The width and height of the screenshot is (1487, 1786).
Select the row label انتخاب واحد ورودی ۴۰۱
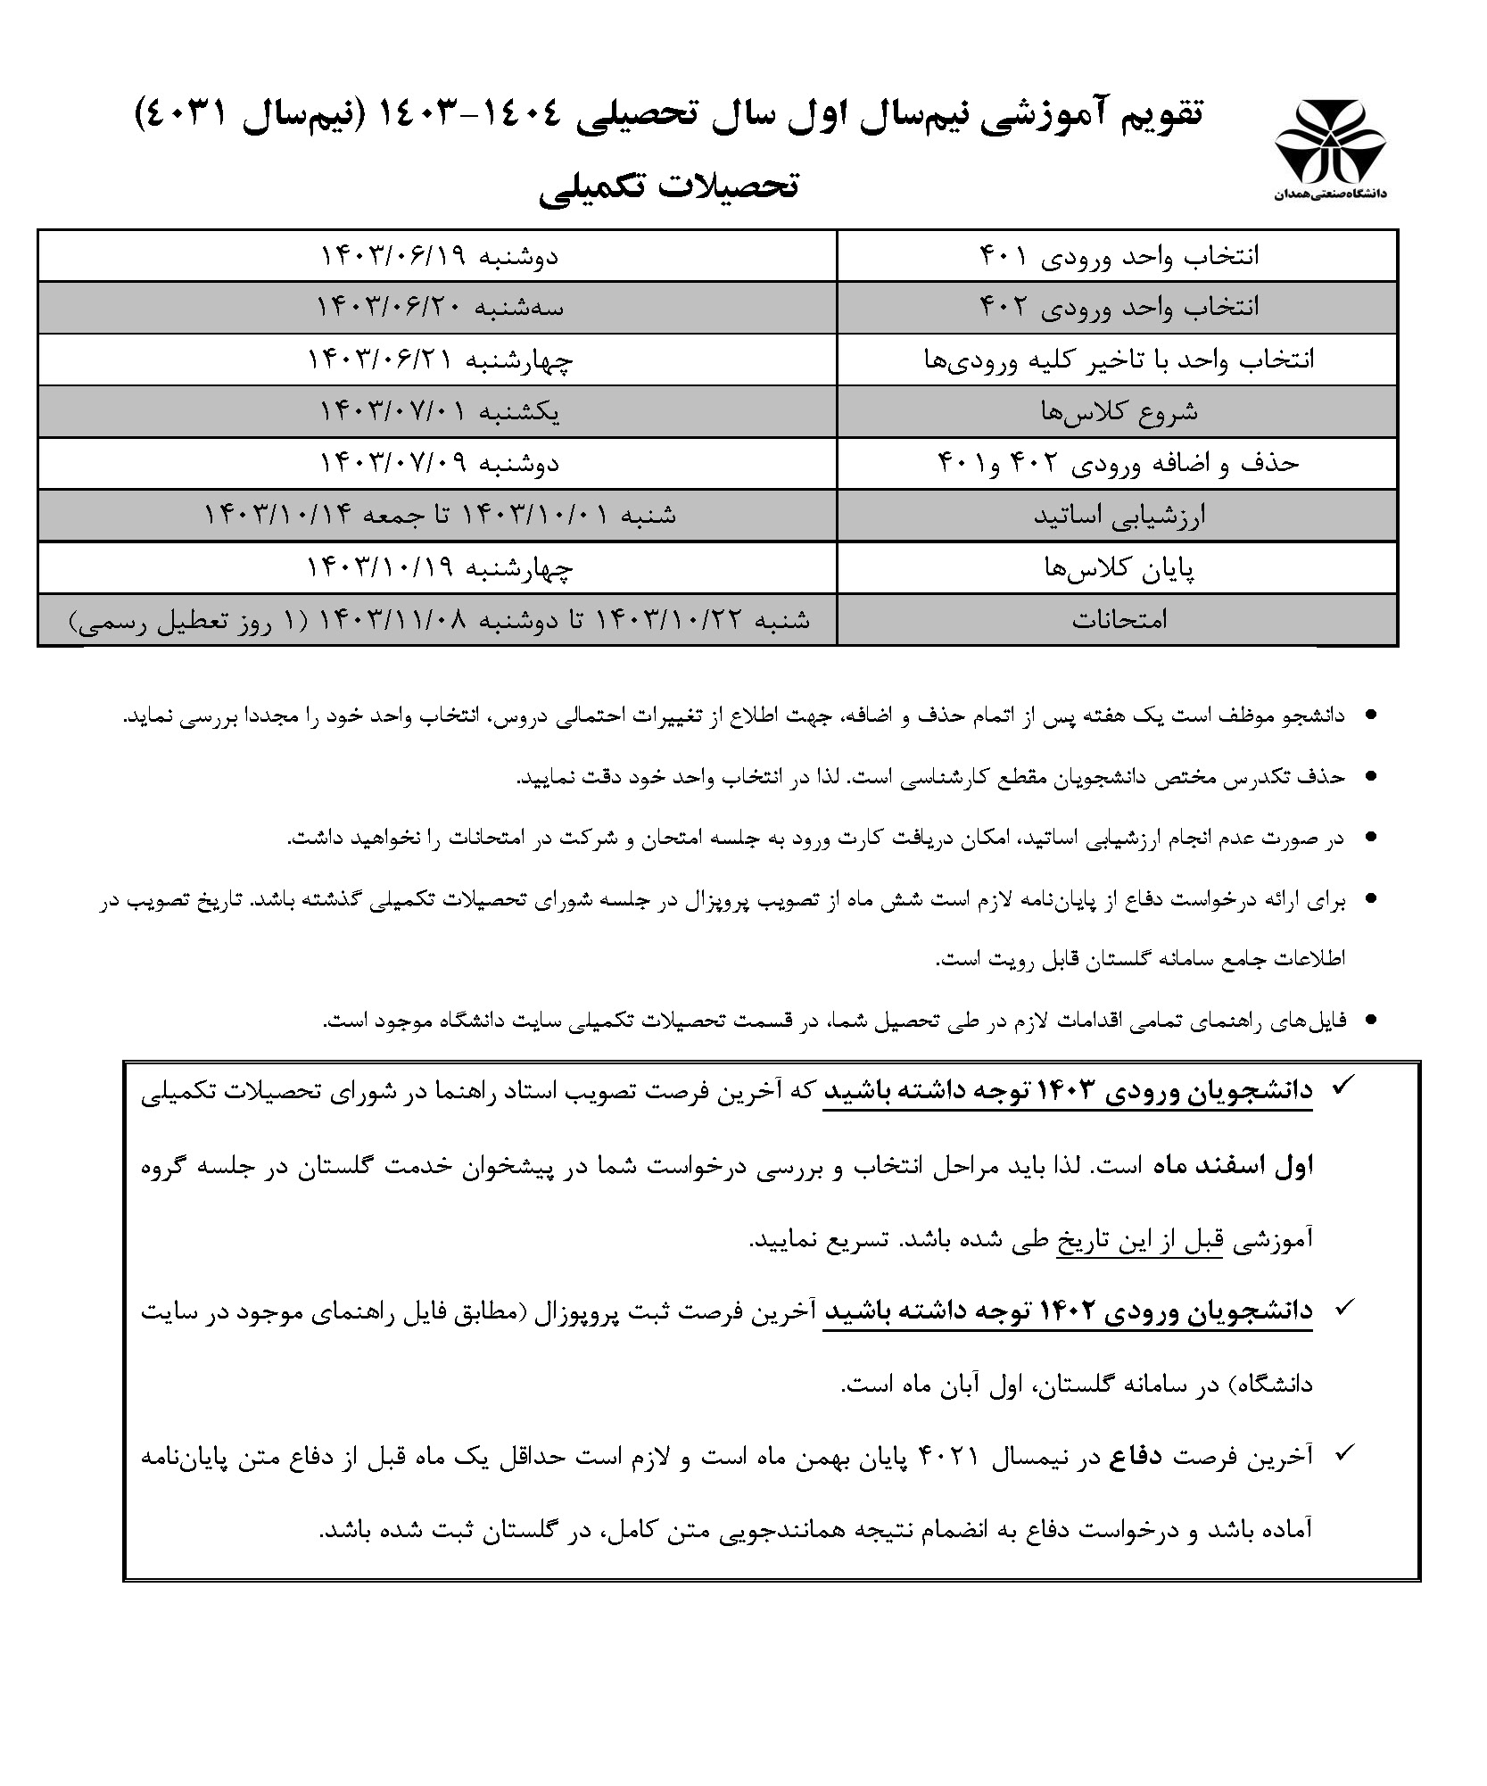click(x=1119, y=257)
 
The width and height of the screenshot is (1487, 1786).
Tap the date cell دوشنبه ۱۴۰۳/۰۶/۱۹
click(x=439, y=257)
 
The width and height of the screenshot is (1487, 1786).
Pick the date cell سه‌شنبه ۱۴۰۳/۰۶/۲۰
click(x=439, y=308)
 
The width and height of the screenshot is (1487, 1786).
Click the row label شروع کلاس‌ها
click(x=1119, y=411)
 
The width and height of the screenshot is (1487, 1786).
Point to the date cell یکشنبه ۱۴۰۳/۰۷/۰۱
click(x=439, y=411)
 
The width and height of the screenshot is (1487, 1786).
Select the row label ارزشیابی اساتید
click(x=1119, y=516)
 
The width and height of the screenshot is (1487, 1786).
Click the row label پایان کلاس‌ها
click(x=1119, y=567)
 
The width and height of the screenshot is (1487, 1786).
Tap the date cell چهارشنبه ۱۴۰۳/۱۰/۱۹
click(x=439, y=567)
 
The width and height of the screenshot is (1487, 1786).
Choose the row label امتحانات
click(x=1119, y=619)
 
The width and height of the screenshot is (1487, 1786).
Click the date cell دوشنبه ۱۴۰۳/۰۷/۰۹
click(x=439, y=463)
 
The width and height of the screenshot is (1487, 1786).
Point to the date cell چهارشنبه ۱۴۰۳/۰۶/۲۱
click(x=439, y=360)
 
